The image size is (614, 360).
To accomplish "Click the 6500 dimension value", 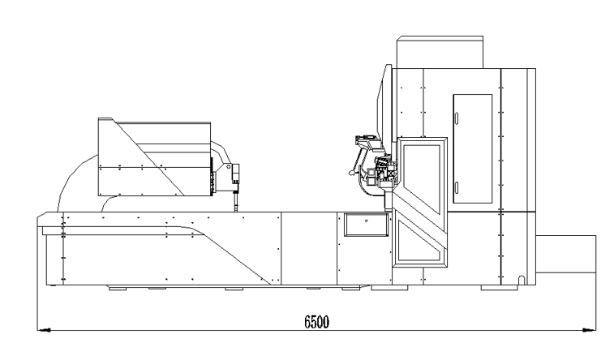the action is click(316, 322).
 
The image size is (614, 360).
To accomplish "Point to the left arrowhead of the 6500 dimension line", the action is click(44, 330).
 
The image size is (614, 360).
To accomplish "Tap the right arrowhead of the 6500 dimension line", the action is click(590, 330).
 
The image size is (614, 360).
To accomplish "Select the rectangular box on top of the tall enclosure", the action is click(440, 52).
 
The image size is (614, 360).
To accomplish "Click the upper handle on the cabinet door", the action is click(457, 118).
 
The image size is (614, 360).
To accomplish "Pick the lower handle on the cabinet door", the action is click(457, 188).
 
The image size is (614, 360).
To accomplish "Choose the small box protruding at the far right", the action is click(566, 255).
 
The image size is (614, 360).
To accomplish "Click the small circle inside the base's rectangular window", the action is click(366, 221).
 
